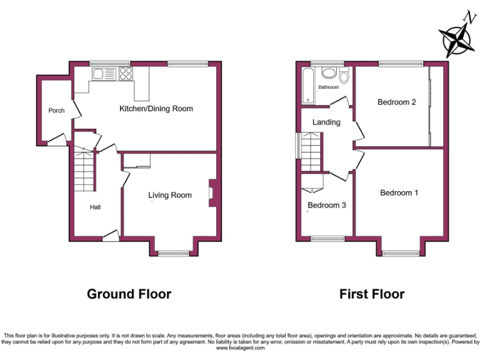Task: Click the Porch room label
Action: (x=56, y=111)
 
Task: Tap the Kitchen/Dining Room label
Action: (x=156, y=109)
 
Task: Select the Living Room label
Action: (x=170, y=195)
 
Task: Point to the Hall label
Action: (x=95, y=207)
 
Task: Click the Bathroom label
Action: (x=328, y=87)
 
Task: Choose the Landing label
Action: (x=326, y=122)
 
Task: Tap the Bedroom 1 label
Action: (x=399, y=192)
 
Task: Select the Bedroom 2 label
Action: (x=397, y=102)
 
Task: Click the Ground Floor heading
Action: (x=129, y=294)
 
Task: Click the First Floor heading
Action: (x=372, y=294)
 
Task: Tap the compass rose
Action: (x=457, y=39)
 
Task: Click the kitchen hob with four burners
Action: (x=125, y=74)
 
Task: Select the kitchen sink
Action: (x=103, y=74)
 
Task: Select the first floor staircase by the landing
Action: (x=311, y=154)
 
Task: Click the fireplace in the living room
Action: (x=212, y=193)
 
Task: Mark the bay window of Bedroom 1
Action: (x=400, y=252)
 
